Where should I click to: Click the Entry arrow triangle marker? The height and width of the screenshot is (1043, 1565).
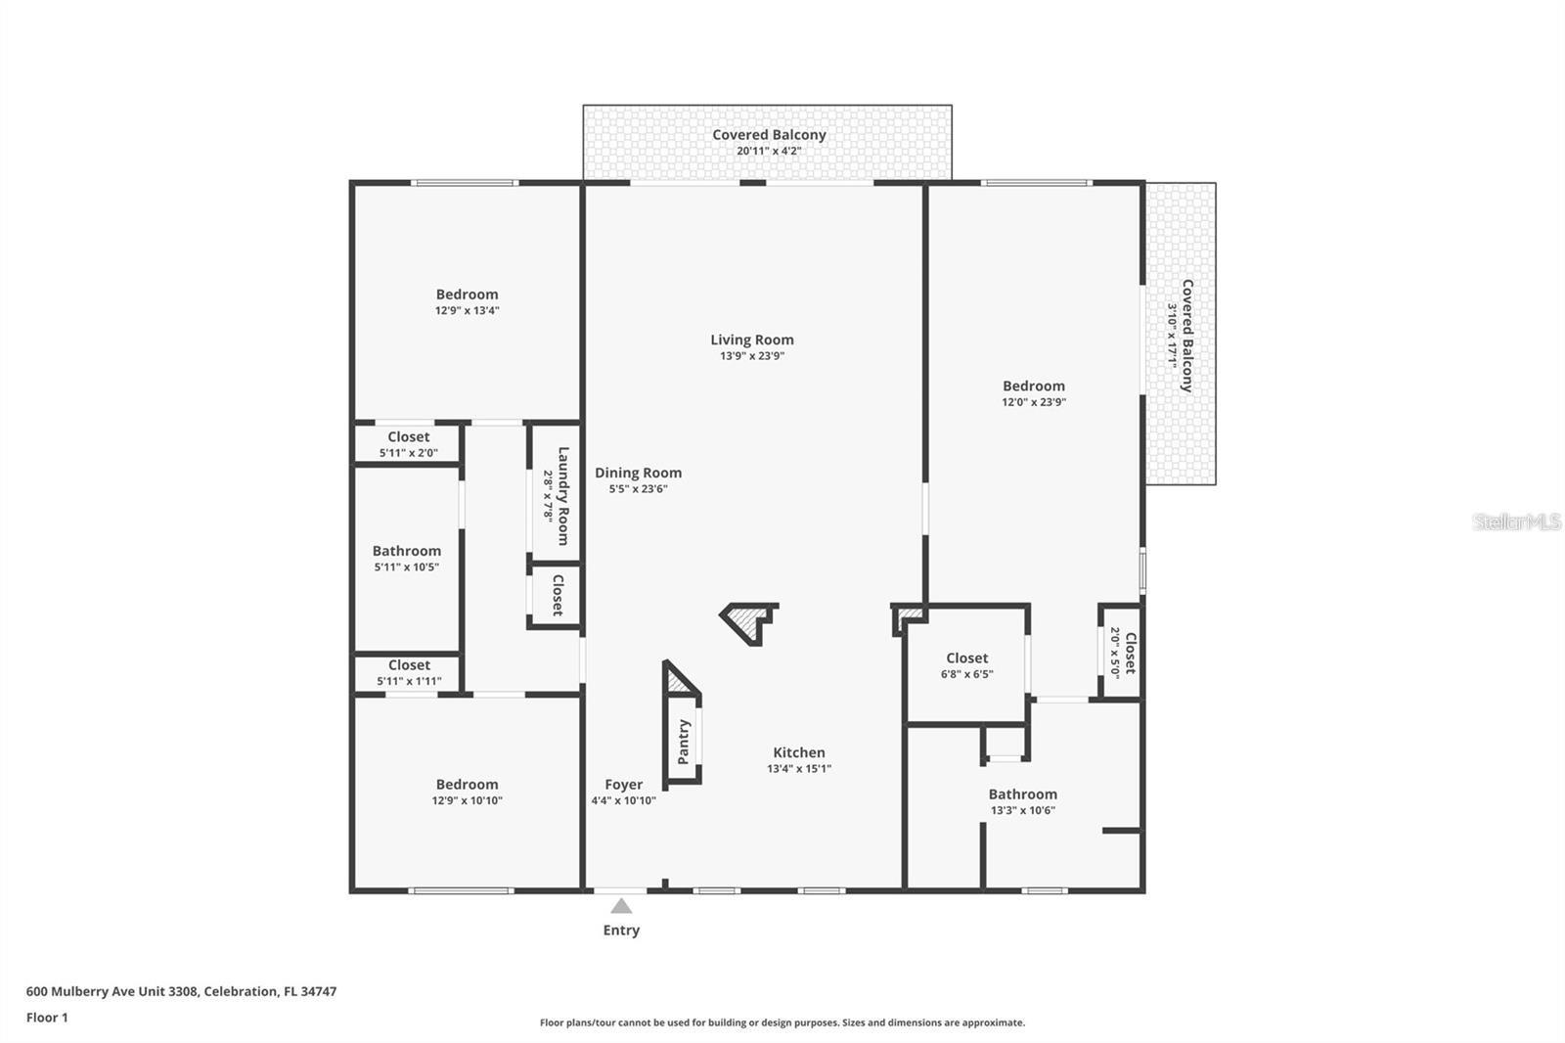(x=621, y=905)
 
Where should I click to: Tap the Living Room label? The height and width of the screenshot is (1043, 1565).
(x=752, y=340)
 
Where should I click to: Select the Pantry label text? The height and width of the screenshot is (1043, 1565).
(x=684, y=742)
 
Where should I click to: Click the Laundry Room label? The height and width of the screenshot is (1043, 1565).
(x=563, y=495)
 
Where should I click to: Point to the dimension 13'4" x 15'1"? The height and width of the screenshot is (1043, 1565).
(x=799, y=769)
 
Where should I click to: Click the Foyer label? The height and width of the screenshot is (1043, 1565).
(x=623, y=784)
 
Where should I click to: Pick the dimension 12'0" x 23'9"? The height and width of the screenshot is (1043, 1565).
(x=1033, y=402)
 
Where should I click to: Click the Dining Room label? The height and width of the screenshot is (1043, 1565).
(x=638, y=473)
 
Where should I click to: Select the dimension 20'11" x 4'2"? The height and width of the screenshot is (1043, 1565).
(x=769, y=151)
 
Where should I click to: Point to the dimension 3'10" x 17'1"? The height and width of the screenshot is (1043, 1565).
(x=1171, y=334)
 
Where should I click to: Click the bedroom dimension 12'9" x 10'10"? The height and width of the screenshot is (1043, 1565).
(x=467, y=800)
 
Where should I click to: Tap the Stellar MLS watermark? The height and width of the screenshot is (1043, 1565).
(x=1516, y=521)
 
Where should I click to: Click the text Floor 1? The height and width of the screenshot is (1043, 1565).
(x=47, y=1018)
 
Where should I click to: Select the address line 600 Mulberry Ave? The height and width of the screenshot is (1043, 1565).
(x=181, y=991)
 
